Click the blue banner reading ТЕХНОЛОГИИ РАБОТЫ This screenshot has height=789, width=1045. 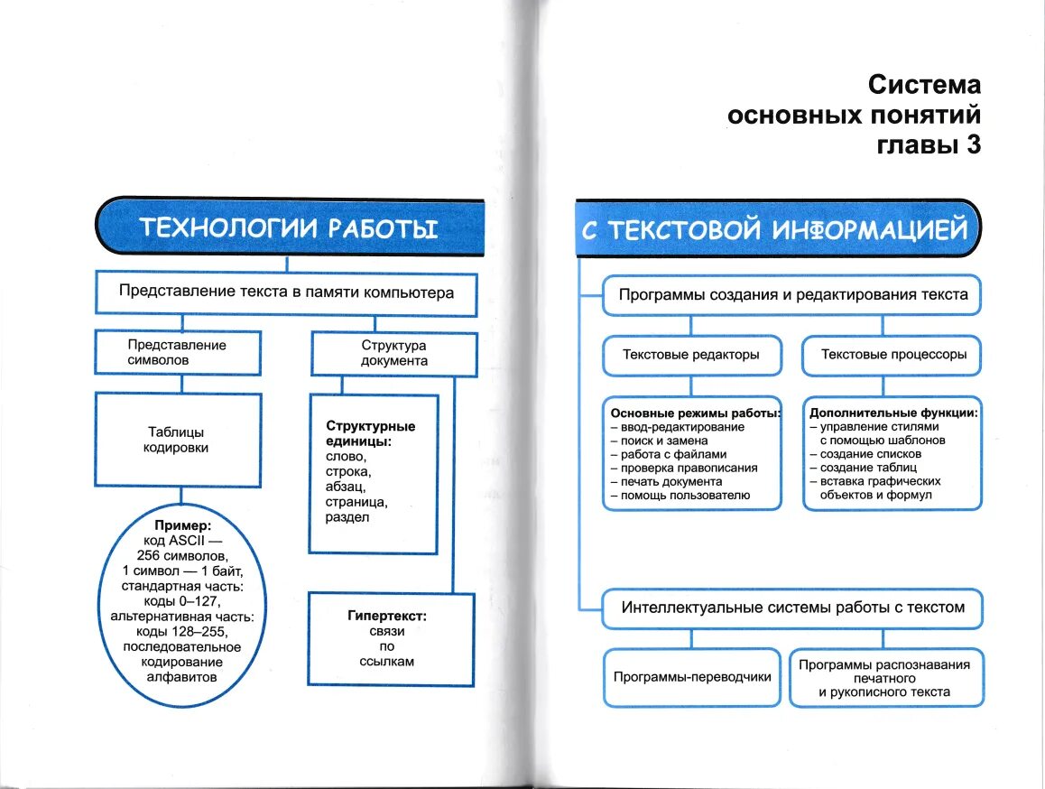coord(288,228)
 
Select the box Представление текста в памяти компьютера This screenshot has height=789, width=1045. coord(286,292)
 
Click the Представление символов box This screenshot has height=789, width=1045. coord(177,352)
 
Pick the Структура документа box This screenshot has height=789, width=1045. coord(394,352)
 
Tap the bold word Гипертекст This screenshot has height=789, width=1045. coord(386,617)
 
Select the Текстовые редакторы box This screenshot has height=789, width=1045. coord(690,355)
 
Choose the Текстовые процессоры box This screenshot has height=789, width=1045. coord(893,355)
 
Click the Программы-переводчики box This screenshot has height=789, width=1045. coord(692,676)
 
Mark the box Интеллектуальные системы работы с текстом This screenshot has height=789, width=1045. coord(792,608)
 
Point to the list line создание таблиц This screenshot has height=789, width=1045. coord(868,468)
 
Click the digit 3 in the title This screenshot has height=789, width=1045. coord(972,145)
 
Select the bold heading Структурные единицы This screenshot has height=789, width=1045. coord(370,433)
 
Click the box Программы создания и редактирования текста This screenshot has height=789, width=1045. coord(792,294)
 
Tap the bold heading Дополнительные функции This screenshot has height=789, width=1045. coord(893,413)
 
